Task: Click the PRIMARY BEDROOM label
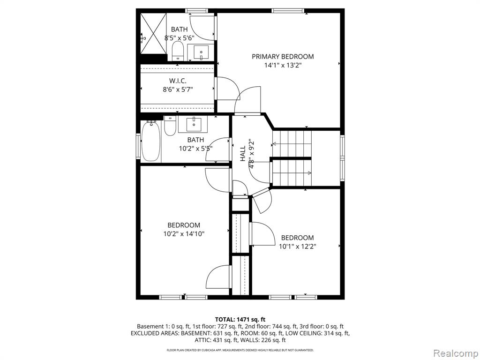[283, 57]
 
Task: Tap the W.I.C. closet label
[178, 81]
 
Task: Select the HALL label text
[243, 154]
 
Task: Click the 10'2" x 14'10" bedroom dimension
[184, 234]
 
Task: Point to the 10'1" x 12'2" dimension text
[297, 247]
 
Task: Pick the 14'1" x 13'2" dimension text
[283, 65]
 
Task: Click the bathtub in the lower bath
[150, 141]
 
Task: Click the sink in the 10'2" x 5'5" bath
[193, 124]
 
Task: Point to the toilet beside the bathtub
[170, 126]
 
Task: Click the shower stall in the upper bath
[153, 33]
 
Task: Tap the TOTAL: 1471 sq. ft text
[240, 320]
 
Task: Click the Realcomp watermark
[455, 353]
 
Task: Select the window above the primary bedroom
[288, 11]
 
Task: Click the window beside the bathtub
[138, 146]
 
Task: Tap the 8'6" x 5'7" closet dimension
[178, 90]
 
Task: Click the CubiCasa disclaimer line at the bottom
[240, 350]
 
